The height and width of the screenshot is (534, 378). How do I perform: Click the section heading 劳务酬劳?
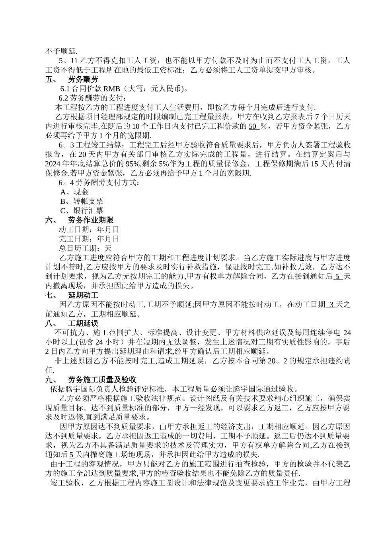tap(83, 79)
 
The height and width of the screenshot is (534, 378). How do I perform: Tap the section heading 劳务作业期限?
tap(91, 220)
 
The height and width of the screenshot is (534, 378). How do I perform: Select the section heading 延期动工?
tap(83, 295)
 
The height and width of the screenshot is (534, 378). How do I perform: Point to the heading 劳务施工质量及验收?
tap(102, 379)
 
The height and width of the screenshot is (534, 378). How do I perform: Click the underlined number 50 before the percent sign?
tap(253, 126)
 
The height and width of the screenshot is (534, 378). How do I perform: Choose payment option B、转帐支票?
tap(82, 201)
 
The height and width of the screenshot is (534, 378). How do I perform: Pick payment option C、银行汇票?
tap(82, 211)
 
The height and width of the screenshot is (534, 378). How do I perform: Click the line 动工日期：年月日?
tap(89, 230)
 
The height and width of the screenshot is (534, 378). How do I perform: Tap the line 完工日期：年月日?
tap(89, 239)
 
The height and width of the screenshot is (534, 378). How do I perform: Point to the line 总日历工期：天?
tap(85, 248)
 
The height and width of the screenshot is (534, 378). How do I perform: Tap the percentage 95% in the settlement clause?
tap(134, 164)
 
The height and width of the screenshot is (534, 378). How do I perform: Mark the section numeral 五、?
tap(51, 79)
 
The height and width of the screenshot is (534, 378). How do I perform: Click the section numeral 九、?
tap(51, 379)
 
